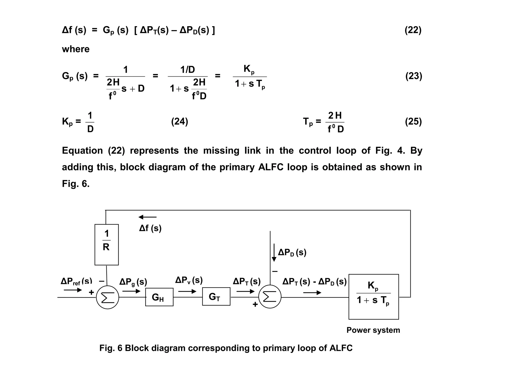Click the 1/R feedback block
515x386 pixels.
click(x=107, y=245)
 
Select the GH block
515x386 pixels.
click(x=159, y=297)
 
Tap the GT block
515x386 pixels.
click(x=216, y=297)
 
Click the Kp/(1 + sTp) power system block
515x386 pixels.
click(x=373, y=297)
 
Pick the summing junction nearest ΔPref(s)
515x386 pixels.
click(x=107, y=297)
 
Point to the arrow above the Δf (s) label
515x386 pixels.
click(x=148, y=217)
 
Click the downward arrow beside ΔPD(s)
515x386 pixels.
click(x=274, y=252)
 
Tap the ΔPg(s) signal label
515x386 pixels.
click(x=133, y=282)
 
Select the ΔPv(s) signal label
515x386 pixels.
click(x=189, y=280)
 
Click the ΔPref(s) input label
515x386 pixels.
click(x=76, y=281)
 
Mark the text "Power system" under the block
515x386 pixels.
click(x=373, y=330)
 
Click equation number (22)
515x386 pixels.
click(x=413, y=30)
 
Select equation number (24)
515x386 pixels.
click(x=180, y=122)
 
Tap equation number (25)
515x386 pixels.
click(x=413, y=122)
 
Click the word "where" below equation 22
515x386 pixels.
click(x=76, y=49)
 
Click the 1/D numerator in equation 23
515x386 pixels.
click(x=188, y=70)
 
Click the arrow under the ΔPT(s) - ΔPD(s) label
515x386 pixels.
click(x=312, y=293)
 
